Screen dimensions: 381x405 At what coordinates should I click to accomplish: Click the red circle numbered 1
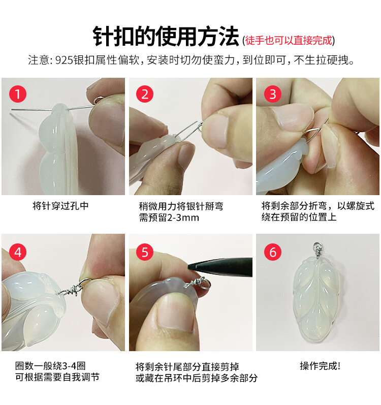click(x=18, y=94)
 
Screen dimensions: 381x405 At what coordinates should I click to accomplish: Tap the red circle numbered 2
click(x=145, y=94)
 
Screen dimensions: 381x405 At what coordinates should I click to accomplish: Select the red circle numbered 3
click(x=273, y=94)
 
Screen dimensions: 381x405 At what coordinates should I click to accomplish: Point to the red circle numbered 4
click(x=18, y=252)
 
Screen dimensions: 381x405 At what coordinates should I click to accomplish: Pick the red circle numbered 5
click(x=145, y=252)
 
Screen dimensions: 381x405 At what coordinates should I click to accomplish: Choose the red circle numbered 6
click(x=273, y=252)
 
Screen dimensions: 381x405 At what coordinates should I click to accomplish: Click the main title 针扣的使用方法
click(x=166, y=37)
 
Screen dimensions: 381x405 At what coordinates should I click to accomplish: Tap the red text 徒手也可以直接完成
click(x=289, y=41)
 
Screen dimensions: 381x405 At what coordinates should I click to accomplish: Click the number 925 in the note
click(x=64, y=60)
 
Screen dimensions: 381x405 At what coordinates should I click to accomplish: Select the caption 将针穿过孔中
click(x=60, y=206)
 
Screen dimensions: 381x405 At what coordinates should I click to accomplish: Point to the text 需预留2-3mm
click(x=169, y=217)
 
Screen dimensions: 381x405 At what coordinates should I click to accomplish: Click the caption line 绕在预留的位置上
click(x=299, y=217)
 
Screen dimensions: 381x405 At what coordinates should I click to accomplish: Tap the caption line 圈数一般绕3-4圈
click(x=50, y=366)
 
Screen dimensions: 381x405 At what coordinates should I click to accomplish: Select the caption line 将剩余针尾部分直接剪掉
click(x=187, y=366)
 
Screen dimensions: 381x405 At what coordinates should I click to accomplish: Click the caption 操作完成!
click(x=320, y=366)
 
